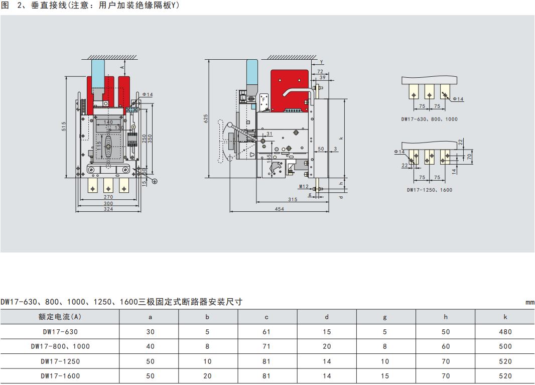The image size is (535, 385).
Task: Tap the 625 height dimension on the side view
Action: [x=205, y=118]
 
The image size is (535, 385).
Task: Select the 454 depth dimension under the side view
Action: [x=279, y=209]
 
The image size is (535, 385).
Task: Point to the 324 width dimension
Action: [x=108, y=209]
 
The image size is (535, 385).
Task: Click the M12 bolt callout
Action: [x=304, y=186]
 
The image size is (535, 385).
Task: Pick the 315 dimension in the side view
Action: [x=293, y=199]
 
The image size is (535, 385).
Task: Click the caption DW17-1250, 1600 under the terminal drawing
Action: [x=429, y=190]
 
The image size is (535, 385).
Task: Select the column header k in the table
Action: [x=505, y=317]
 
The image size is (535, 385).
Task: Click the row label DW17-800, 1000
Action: [x=60, y=346]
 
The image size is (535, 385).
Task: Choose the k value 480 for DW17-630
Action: [x=505, y=332]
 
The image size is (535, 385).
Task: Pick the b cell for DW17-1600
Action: [x=208, y=376]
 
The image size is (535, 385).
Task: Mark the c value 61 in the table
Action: [x=267, y=332]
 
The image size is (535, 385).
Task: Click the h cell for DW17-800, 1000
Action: [x=446, y=346]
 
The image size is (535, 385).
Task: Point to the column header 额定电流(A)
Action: [x=60, y=317]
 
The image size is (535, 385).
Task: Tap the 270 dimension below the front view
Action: [x=108, y=197]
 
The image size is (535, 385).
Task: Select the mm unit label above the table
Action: [x=530, y=302]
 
